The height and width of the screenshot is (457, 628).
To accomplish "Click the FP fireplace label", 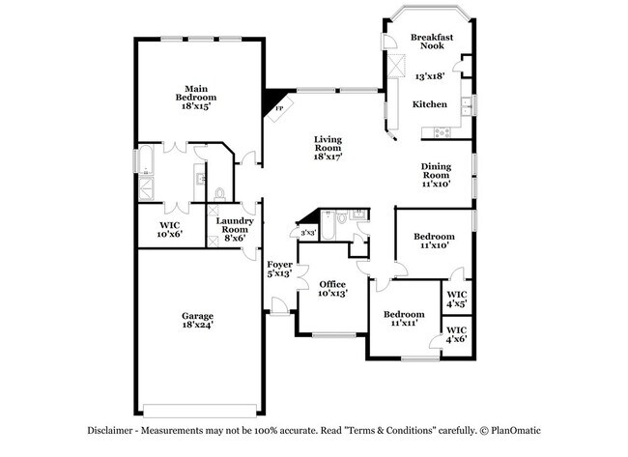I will [x=280, y=107].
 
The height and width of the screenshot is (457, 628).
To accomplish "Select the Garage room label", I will [x=198, y=321].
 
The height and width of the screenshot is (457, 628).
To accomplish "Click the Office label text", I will [x=332, y=287].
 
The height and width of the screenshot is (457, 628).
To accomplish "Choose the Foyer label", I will [x=279, y=269].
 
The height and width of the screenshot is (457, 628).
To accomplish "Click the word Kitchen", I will [x=429, y=103].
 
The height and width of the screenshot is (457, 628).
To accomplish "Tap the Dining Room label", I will [x=435, y=173].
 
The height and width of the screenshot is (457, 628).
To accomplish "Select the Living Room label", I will [x=328, y=148].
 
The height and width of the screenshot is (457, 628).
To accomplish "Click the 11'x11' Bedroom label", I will [x=403, y=318].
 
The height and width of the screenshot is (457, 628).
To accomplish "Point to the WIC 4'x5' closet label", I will [x=457, y=298].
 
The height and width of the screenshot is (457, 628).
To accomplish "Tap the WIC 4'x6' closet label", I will [x=457, y=336].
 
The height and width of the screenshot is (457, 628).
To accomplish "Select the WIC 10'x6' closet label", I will [x=170, y=229].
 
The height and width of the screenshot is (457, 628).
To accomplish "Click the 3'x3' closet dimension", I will [x=308, y=233].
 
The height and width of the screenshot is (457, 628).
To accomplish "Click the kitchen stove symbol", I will [x=443, y=131].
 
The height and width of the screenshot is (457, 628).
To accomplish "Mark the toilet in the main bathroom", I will [x=219, y=193].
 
